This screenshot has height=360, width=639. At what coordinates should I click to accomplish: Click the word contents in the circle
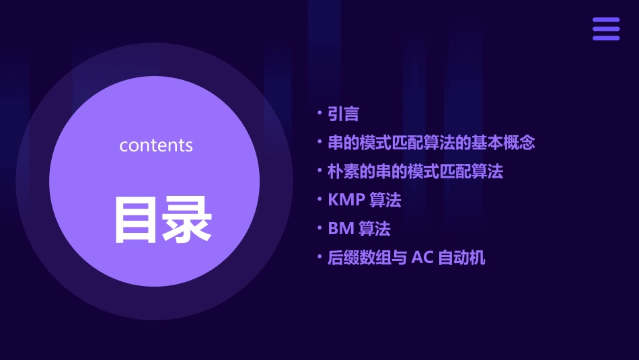tap(156, 145)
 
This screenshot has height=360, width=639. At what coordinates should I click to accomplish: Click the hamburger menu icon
tap(606, 29)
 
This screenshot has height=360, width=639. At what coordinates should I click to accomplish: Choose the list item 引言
tap(343, 114)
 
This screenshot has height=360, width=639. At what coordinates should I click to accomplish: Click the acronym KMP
tap(346, 201)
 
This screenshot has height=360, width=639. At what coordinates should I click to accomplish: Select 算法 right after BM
tap(375, 229)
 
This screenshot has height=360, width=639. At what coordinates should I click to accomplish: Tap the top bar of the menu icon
tap(606, 20)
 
